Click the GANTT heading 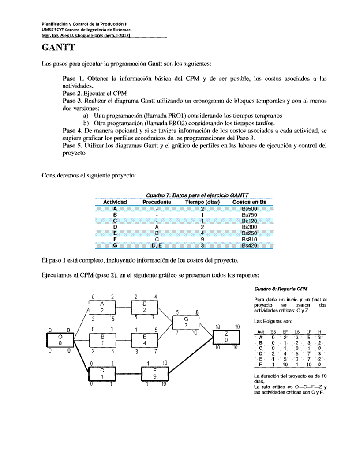pyautogui.click(x=58, y=47)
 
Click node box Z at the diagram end pyautogui.click(x=226, y=337)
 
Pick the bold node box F pyautogui.click(x=154, y=374)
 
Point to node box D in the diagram pyautogui.click(x=145, y=307)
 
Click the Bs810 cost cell pyautogui.click(x=249, y=240)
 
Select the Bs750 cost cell pyautogui.click(x=249, y=215)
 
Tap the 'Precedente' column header pyautogui.click(x=157, y=202)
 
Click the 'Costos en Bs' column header pyautogui.click(x=249, y=202)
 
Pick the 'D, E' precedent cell pyautogui.click(x=157, y=246)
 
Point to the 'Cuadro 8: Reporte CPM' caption pyautogui.click(x=281, y=289)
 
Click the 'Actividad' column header pyautogui.click(x=115, y=202)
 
